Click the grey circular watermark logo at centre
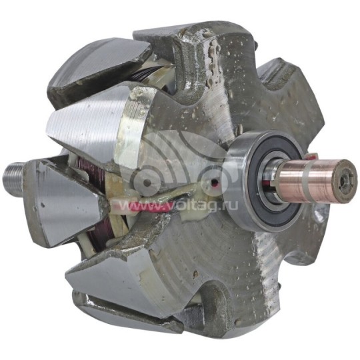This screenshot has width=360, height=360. click(x=170, y=167)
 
